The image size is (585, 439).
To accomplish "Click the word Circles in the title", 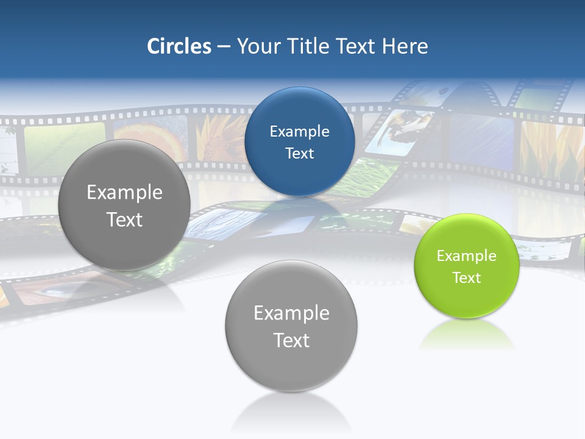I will [179, 46].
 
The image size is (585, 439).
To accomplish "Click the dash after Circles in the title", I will [224, 46].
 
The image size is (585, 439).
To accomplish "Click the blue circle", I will [299, 141].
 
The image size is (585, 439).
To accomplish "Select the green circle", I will [466, 266].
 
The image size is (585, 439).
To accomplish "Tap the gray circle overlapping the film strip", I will [124, 205].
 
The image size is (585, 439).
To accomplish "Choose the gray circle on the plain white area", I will [291, 326].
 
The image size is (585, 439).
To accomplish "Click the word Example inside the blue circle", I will [299, 131].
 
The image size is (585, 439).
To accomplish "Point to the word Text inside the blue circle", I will [299, 153].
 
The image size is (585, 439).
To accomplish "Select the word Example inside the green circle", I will [466, 255].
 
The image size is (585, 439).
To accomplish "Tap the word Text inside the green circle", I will [466, 277].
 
